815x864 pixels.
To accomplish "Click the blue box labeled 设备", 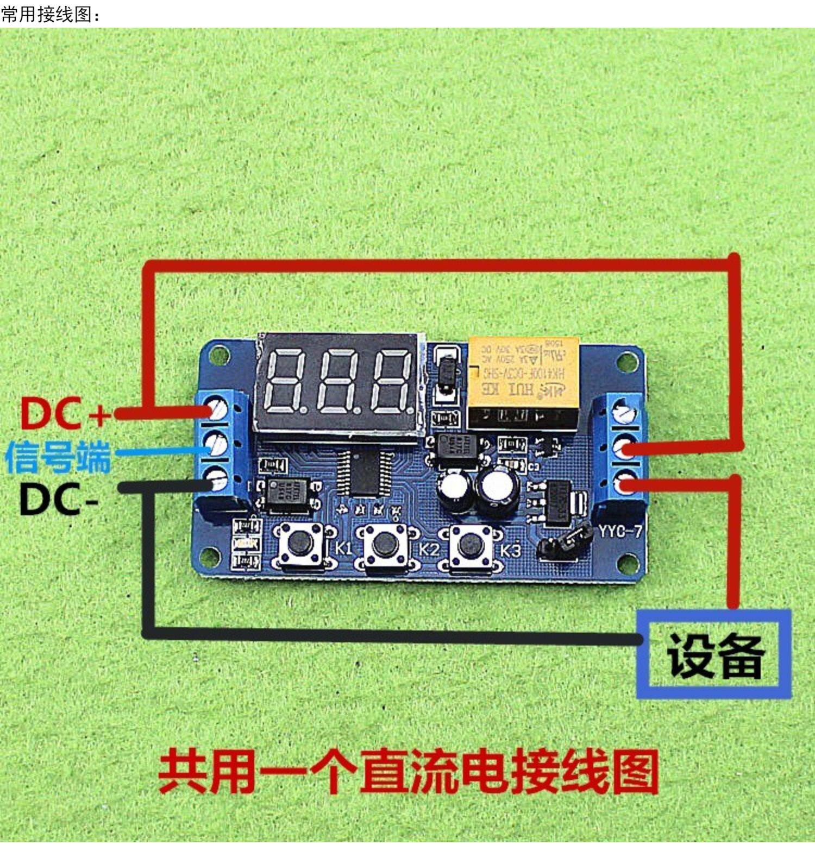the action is click(714, 654).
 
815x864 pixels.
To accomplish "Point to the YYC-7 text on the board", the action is click(620, 530).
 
